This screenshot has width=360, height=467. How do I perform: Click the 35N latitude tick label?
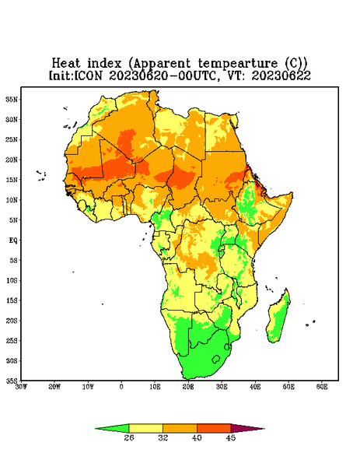point(12,99)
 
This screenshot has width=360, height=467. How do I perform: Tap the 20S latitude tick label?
point(12,321)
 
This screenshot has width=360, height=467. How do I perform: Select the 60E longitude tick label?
point(322,387)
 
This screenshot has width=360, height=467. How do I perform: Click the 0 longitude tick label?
point(121,387)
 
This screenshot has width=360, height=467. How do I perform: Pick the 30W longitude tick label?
point(21,387)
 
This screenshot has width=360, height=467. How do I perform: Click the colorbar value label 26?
point(129,437)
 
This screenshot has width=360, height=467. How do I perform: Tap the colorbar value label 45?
point(231,437)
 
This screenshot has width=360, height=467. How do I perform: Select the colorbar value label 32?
point(163,437)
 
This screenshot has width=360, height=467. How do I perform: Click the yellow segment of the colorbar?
point(145,428)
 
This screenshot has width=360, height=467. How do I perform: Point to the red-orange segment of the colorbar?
point(214,428)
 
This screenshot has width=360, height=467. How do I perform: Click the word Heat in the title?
point(66,64)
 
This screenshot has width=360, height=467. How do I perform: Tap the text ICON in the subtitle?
point(88,75)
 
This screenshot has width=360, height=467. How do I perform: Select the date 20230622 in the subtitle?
point(281,75)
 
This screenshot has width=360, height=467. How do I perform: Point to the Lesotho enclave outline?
point(216,359)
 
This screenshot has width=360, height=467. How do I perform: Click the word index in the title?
point(105,64)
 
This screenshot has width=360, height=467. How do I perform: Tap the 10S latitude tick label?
point(12,280)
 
